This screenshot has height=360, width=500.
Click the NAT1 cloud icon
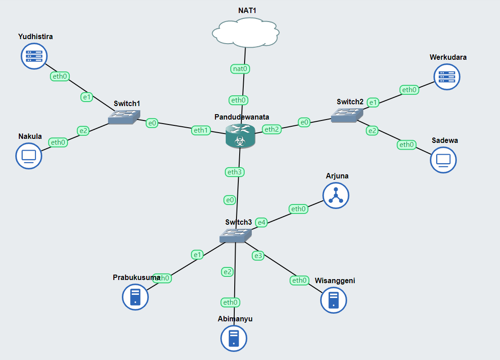point(246,33)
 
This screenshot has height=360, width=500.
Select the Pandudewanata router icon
point(240,135)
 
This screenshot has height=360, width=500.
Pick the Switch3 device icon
point(236,235)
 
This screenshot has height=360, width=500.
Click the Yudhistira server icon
point(34,56)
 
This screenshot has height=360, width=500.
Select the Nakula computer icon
point(29,156)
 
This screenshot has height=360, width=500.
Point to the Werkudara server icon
point(447,76)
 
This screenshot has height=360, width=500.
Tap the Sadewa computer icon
point(443,160)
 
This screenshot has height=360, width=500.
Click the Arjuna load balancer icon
point(336,196)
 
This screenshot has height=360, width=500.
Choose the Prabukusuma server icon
point(135,297)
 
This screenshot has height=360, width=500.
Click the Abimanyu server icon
point(234,338)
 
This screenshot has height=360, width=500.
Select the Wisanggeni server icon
point(334,300)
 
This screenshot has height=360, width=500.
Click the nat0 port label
point(241,69)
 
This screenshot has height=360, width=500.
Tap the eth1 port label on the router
point(201,130)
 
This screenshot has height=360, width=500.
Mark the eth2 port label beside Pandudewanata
point(272,129)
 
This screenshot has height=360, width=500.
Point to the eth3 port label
point(235,172)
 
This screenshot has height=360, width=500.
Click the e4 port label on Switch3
point(261,222)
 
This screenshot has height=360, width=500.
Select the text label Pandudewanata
point(242,117)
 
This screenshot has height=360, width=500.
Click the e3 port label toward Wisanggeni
point(258,256)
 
